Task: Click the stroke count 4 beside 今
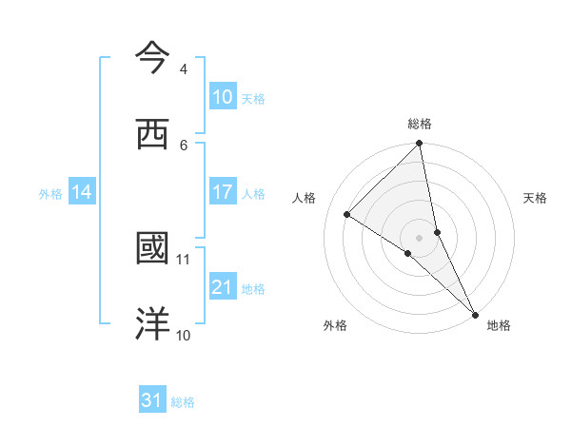tap(184, 69)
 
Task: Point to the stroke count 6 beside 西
tap(184, 145)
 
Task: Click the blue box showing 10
tap(223, 97)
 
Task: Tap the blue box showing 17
tap(223, 192)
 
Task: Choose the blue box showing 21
tap(223, 286)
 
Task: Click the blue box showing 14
tap(82, 192)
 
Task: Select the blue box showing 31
tap(152, 400)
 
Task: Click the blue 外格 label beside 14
tap(50, 193)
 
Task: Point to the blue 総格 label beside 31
tap(184, 402)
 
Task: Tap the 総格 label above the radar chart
tap(420, 124)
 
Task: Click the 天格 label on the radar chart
tap(535, 199)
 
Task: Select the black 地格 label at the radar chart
tap(499, 326)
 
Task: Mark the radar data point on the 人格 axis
tap(347, 215)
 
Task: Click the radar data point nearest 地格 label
tap(475, 314)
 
